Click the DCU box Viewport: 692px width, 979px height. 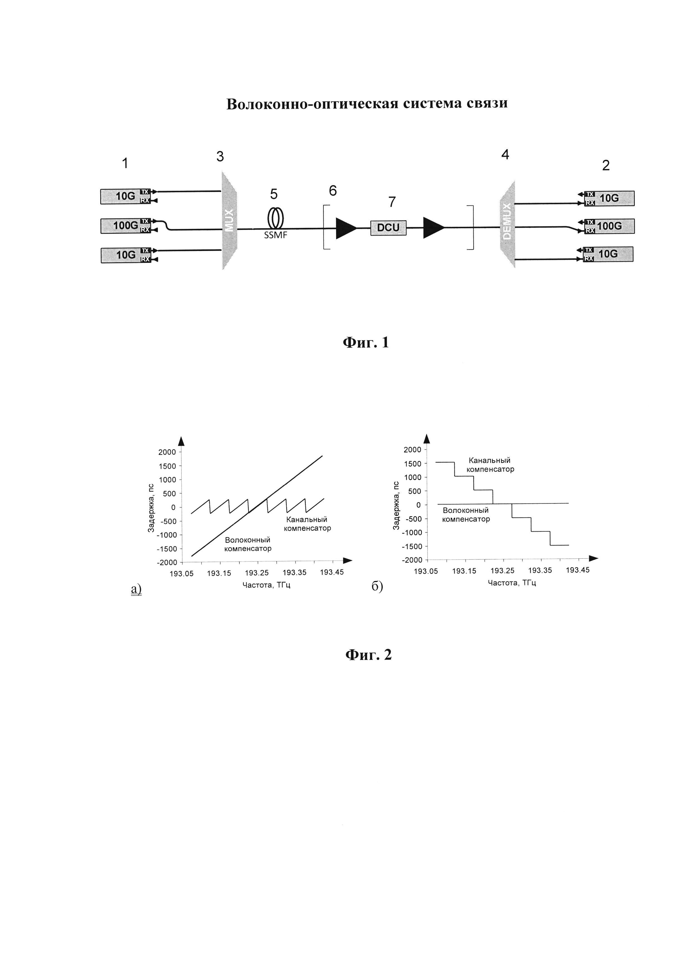point(388,228)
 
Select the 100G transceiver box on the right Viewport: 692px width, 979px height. point(609,226)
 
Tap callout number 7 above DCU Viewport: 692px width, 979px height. point(392,202)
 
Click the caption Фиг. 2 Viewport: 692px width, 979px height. point(368,655)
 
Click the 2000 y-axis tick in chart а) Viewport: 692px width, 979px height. point(167,452)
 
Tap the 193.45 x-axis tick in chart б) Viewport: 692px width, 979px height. point(577,570)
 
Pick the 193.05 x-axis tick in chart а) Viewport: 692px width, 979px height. point(182,573)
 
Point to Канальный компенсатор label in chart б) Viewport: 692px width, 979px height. point(490,465)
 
